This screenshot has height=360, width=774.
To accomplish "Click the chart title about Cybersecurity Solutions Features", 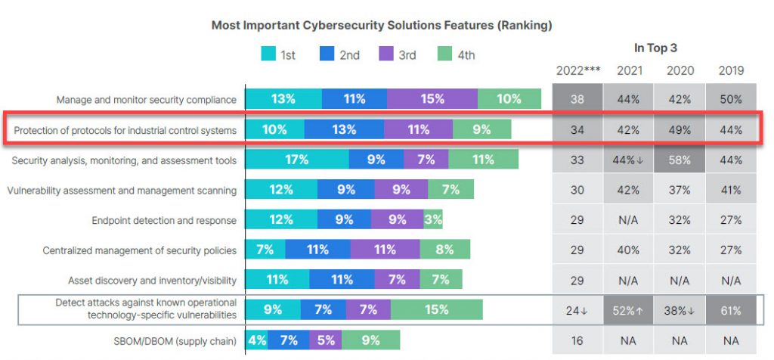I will (381, 25).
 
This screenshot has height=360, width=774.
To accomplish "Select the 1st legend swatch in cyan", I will (268, 54).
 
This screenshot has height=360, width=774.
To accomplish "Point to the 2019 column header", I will (730, 70).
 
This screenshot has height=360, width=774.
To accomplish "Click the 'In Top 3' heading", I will (655, 48).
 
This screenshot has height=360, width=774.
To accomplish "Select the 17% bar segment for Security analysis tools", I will (297, 160).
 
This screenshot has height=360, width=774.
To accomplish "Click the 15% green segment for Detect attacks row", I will (436, 309).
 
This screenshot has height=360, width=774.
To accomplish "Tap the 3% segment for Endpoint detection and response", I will (433, 220).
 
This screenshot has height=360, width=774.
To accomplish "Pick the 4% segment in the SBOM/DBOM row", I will (257, 340).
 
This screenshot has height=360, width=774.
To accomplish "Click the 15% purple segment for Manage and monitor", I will (432, 99).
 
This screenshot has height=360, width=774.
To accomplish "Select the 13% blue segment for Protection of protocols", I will (343, 129).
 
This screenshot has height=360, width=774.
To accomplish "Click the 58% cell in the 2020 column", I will (679, 160).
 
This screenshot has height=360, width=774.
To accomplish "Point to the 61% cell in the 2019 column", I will (730, 310).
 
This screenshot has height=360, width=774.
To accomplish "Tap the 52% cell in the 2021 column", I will (628, 310).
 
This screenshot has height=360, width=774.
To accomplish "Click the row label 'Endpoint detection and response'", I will (163, 221).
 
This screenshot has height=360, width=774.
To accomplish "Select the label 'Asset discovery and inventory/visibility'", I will (152, 280).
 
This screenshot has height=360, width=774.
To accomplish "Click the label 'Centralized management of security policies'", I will (139, 250).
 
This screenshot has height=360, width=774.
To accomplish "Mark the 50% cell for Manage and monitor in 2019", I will (730, 100).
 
